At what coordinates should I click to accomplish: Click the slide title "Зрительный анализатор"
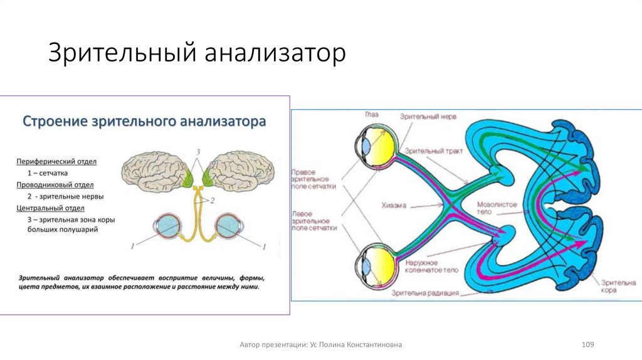197,53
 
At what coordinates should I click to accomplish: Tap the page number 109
587,345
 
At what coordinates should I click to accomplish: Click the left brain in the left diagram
156,171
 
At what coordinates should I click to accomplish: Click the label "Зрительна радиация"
424,292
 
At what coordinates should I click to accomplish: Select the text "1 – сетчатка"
48,172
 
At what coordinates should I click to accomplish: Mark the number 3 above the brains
198,152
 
